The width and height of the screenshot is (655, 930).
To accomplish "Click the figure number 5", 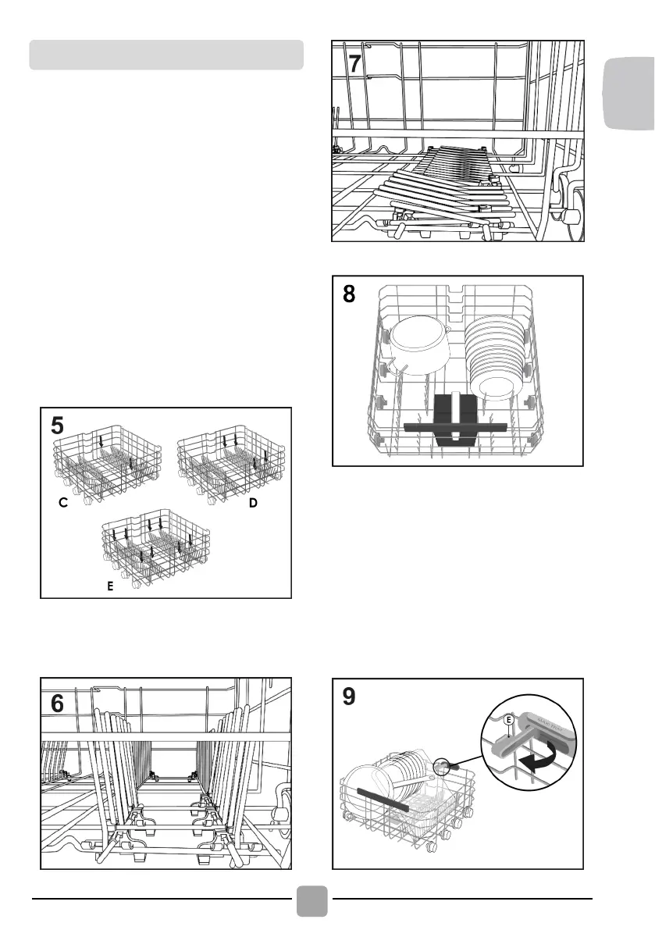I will pyautogui.click(x=58, y=426).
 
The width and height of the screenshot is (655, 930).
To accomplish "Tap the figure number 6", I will pyautogui.click(x=58, y=704).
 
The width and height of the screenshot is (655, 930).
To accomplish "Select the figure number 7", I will pyautogui.click(x=354, y=64).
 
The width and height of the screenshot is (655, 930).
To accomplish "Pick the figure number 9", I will pyautogui.click(x=353, y=698).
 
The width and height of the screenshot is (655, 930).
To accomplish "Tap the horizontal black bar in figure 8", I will pyautogui.click(x=456, y=426).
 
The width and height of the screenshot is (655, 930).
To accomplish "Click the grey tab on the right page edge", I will pyautogui.click(x=630, y=97).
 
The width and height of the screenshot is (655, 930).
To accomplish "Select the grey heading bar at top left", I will pyautogui.click(x=166, y=55).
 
